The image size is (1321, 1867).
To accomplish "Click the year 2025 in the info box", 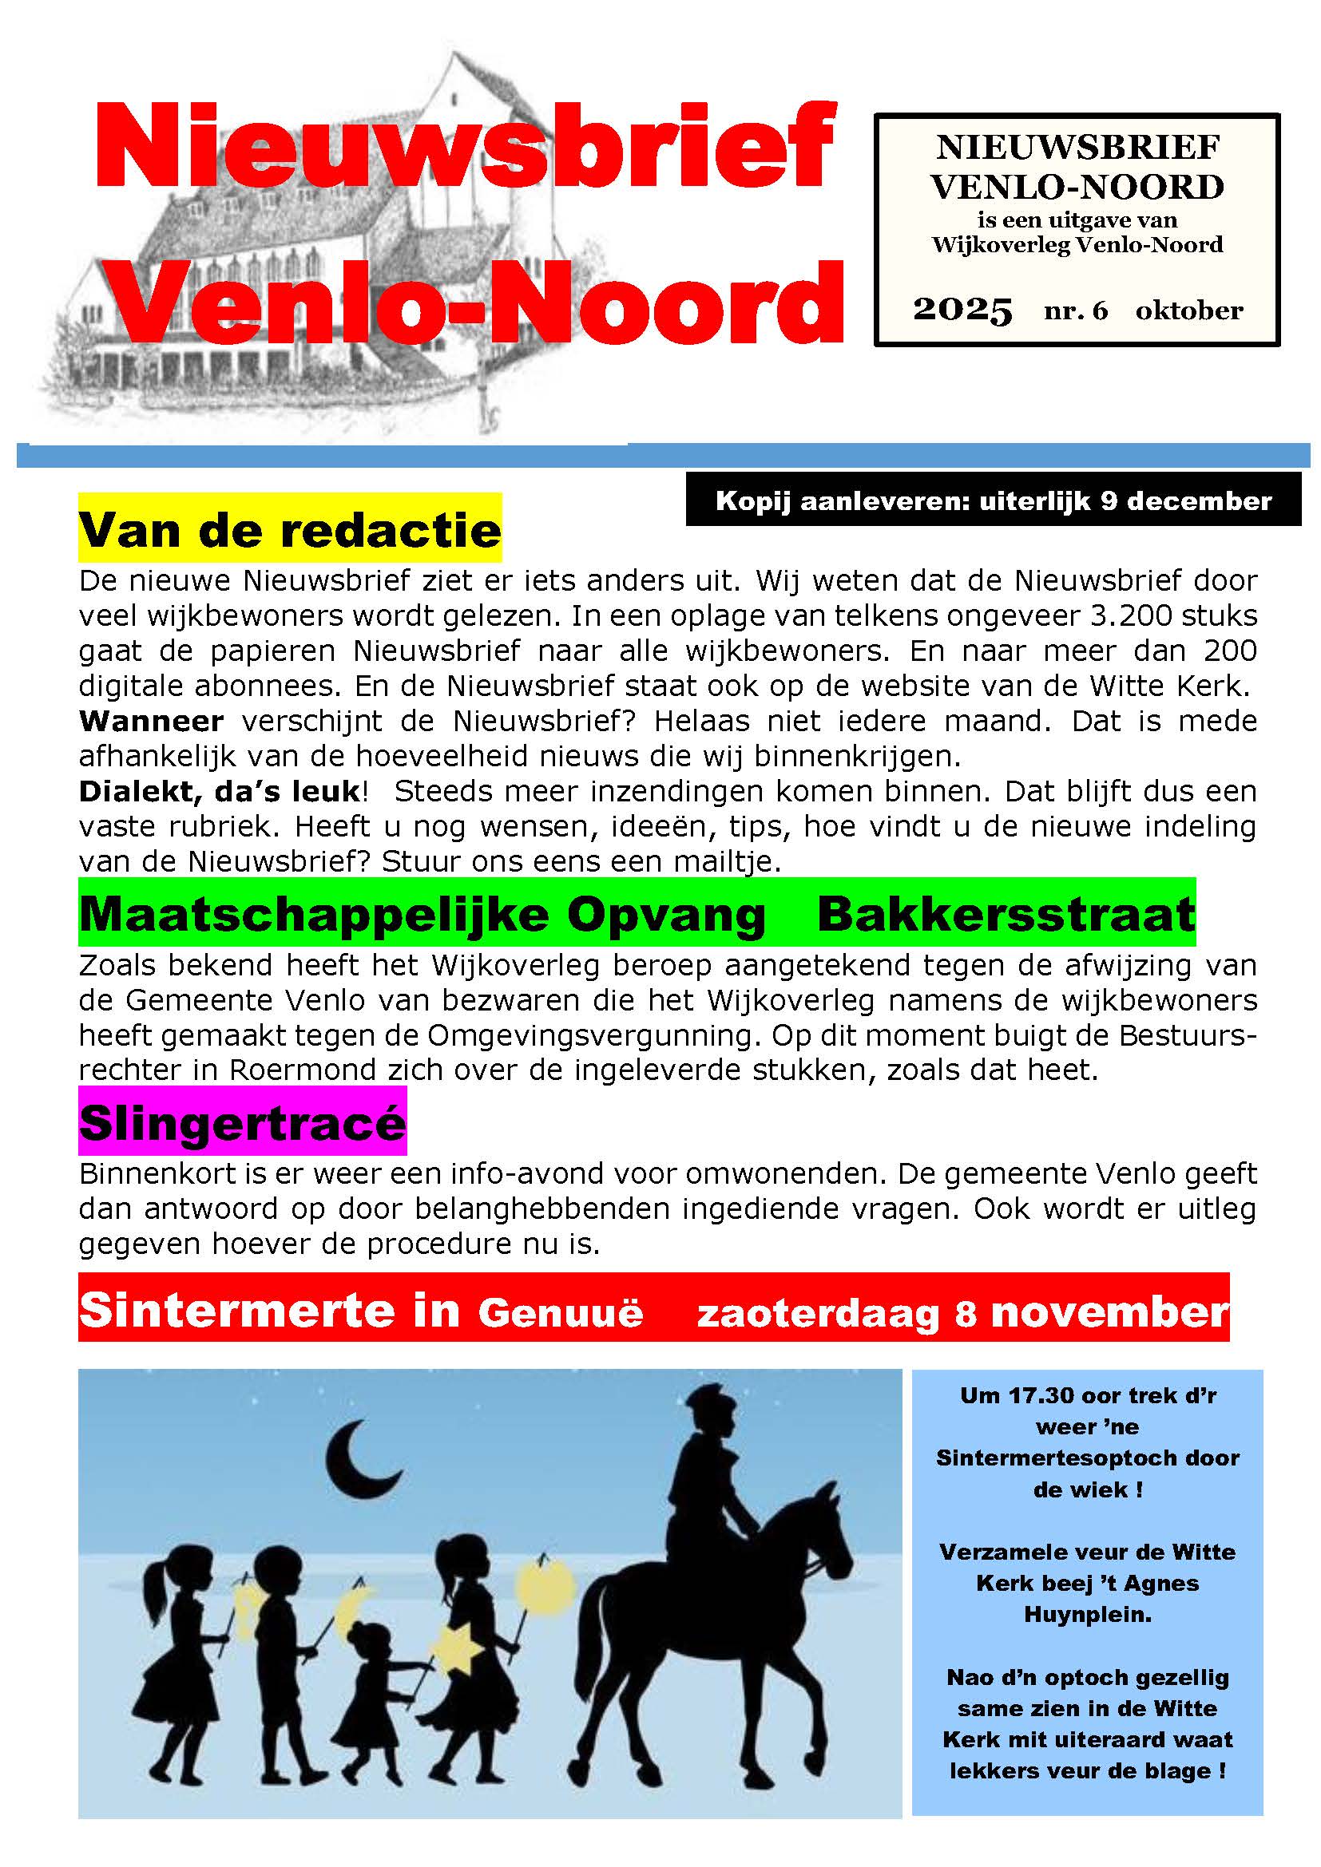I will [x=962, y=310].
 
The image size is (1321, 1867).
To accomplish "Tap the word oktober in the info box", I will [x=1189, y=311].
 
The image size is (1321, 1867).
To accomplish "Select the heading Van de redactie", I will [x=290, y=530].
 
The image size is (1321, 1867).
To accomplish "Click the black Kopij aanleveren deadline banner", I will [x=993, y=501].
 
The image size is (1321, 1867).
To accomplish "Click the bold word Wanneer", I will [x=151, y=722].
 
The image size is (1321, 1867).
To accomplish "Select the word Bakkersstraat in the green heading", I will [x=1006, y=914].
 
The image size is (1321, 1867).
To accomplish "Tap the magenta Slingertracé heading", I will [x=243, y=1122].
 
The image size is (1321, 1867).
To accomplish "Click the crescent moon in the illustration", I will [x=358, y=1462].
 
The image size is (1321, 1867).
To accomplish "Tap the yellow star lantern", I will [x=455, y=1651].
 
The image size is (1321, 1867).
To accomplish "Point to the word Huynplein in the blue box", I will [x=1088, y=1614].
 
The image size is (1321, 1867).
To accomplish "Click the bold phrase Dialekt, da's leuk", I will [x=220, y=791].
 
